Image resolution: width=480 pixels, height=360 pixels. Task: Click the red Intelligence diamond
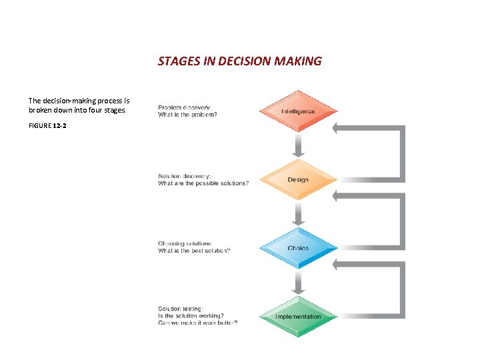tap(298, 111)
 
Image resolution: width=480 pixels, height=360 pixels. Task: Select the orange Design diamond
tap(298, 180)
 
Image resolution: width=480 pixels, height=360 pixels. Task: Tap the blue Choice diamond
tap(298, 249)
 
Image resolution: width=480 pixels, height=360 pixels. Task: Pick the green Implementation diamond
tap(298, 317)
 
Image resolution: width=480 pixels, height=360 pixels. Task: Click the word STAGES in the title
tap(176, 61)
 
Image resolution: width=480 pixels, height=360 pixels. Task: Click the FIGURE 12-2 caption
tap(47, 125)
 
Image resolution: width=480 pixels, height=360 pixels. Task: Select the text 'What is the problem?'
tap(187, 115)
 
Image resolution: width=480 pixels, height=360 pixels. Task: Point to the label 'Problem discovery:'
tap(185, 107)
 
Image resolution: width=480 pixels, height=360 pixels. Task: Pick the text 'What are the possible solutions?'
tap(203, 183)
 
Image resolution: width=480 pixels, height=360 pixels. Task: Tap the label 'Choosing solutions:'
tap(185, 243)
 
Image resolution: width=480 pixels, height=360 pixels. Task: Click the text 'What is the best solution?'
tap(194, 251)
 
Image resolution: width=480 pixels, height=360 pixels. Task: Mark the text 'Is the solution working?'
tap(191, 316)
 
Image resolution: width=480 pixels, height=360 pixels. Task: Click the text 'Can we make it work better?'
tap(198, 323)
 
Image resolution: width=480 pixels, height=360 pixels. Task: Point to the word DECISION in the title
tap(245, 61)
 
